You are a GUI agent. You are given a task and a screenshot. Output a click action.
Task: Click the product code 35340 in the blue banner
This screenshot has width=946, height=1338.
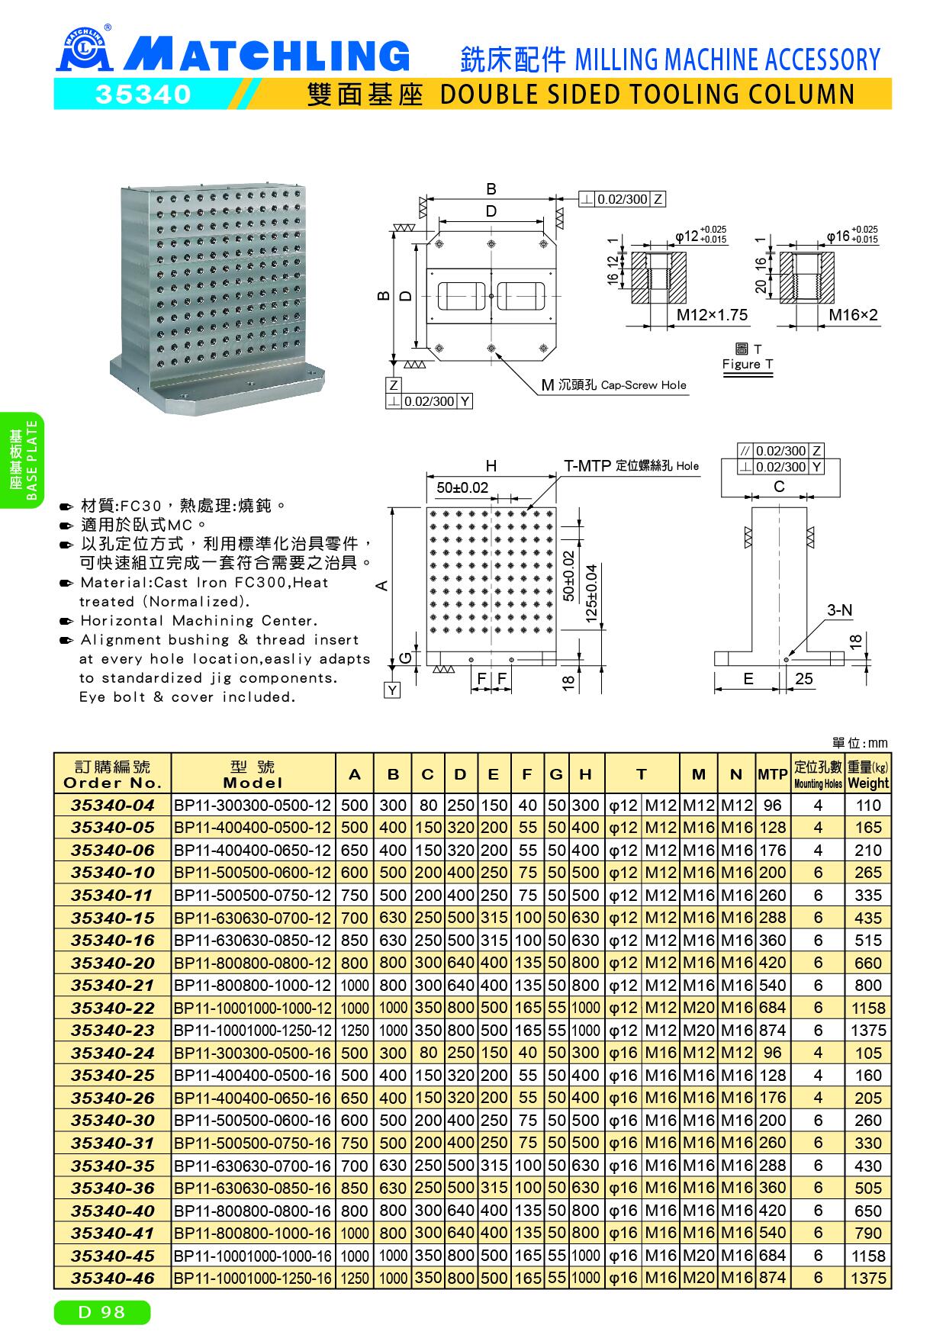[142, 94]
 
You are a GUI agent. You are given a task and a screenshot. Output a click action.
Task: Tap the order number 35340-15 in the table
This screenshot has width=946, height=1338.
[112, 918]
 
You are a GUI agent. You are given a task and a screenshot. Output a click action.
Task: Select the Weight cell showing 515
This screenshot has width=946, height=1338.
[868, 941]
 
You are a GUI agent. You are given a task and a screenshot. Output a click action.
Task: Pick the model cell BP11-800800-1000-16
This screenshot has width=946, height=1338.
[253, 1233]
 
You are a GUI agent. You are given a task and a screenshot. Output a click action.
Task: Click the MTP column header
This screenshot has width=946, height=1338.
[772, 774]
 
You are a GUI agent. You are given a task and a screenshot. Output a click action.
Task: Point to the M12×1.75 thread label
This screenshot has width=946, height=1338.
[713, 315]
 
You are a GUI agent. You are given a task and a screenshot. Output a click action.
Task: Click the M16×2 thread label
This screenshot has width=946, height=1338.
[853, 315]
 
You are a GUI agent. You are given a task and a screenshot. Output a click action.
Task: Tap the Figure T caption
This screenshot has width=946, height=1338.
[748, 364]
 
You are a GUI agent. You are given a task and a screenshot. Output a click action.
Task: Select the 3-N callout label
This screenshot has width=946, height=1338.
[839, 610]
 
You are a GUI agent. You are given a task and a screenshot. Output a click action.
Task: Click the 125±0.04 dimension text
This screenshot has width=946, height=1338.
[591, 594]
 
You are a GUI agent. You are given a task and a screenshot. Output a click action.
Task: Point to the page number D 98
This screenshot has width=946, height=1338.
[102, 1312]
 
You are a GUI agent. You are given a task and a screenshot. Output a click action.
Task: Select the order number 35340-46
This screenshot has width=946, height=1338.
[112, 1278]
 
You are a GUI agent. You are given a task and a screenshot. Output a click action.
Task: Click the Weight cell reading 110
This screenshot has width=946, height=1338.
[868, 805]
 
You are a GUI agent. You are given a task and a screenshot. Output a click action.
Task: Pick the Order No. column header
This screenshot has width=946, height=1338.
[112, 774]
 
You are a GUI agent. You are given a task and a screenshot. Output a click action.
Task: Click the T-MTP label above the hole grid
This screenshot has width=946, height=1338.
[587, 465]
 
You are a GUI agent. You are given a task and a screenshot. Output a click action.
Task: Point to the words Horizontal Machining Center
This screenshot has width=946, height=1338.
[199, 621]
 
